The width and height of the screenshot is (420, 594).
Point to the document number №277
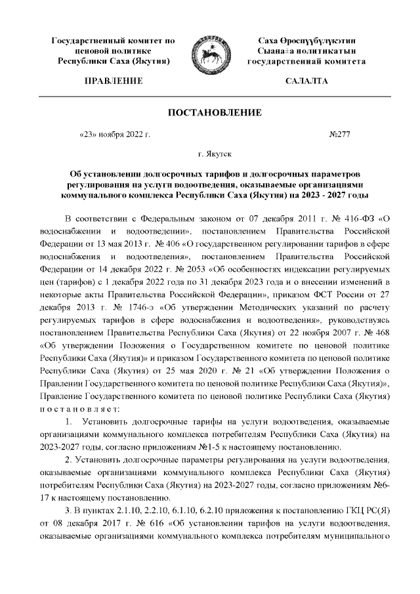[x=339, y=135]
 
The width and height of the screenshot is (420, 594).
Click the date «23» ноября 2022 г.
[x=115, y=135]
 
